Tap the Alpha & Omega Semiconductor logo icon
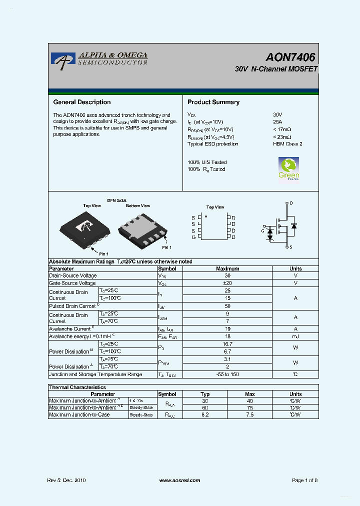(x=62, y=60)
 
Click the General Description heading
(x=82, y=102)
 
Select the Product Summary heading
(x=213, y=102)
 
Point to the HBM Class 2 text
(x=287, y=144)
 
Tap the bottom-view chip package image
(x=142, y=228)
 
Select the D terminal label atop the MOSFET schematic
(x=291, y=203)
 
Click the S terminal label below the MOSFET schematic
(x=291, y=247)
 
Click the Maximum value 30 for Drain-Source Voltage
(x=227, y=275)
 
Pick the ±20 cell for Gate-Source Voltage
(x=227, y=283)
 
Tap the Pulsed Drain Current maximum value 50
(x=227, y=305)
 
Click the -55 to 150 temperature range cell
(x=227, y=374)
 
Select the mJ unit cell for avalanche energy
(x=295, y=336)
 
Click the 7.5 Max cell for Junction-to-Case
(x=250, y=414)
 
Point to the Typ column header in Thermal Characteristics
(x=205, y=394)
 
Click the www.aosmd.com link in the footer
(x=179, y=480)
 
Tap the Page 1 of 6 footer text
(x=304, y=480)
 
